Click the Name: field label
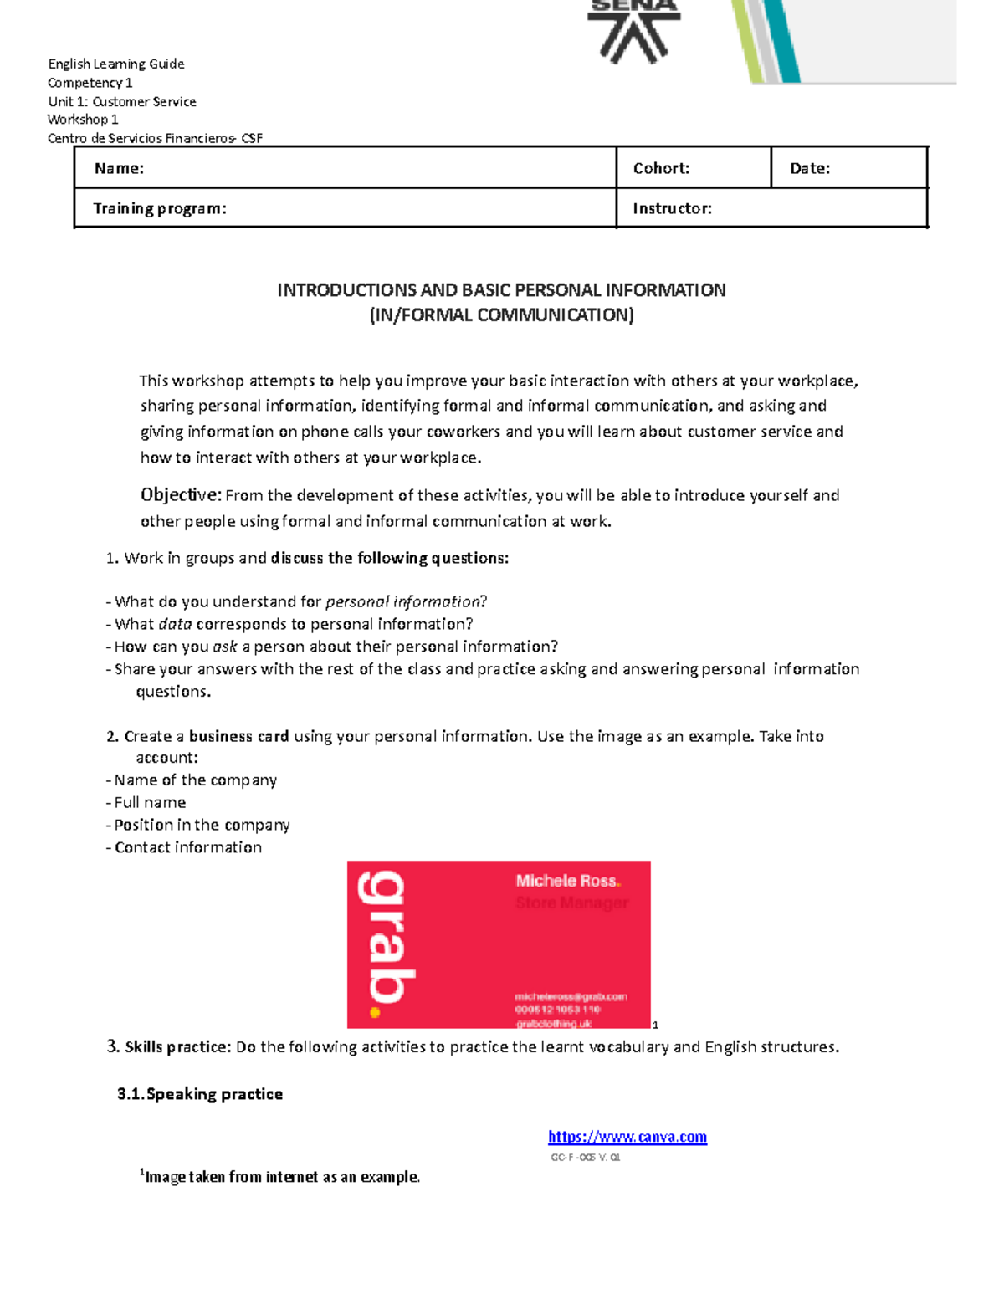pos(119,168)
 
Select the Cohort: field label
pos(661,168)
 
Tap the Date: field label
pos(810,168)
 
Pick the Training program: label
pos(160,208)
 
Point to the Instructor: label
pos(672,208)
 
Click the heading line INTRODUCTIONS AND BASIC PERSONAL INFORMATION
pos(501,290)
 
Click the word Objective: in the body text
pos(181,494)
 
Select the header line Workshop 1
pos(83,120)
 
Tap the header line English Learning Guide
pos(116,64)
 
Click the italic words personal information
pos(403,601)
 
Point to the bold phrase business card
pos(239,736)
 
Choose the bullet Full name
pos(150,802)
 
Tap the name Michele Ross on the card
pos(566,881)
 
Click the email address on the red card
pos(571,996)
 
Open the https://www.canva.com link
pos(627,1137)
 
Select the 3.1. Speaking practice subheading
pos(200,1094)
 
